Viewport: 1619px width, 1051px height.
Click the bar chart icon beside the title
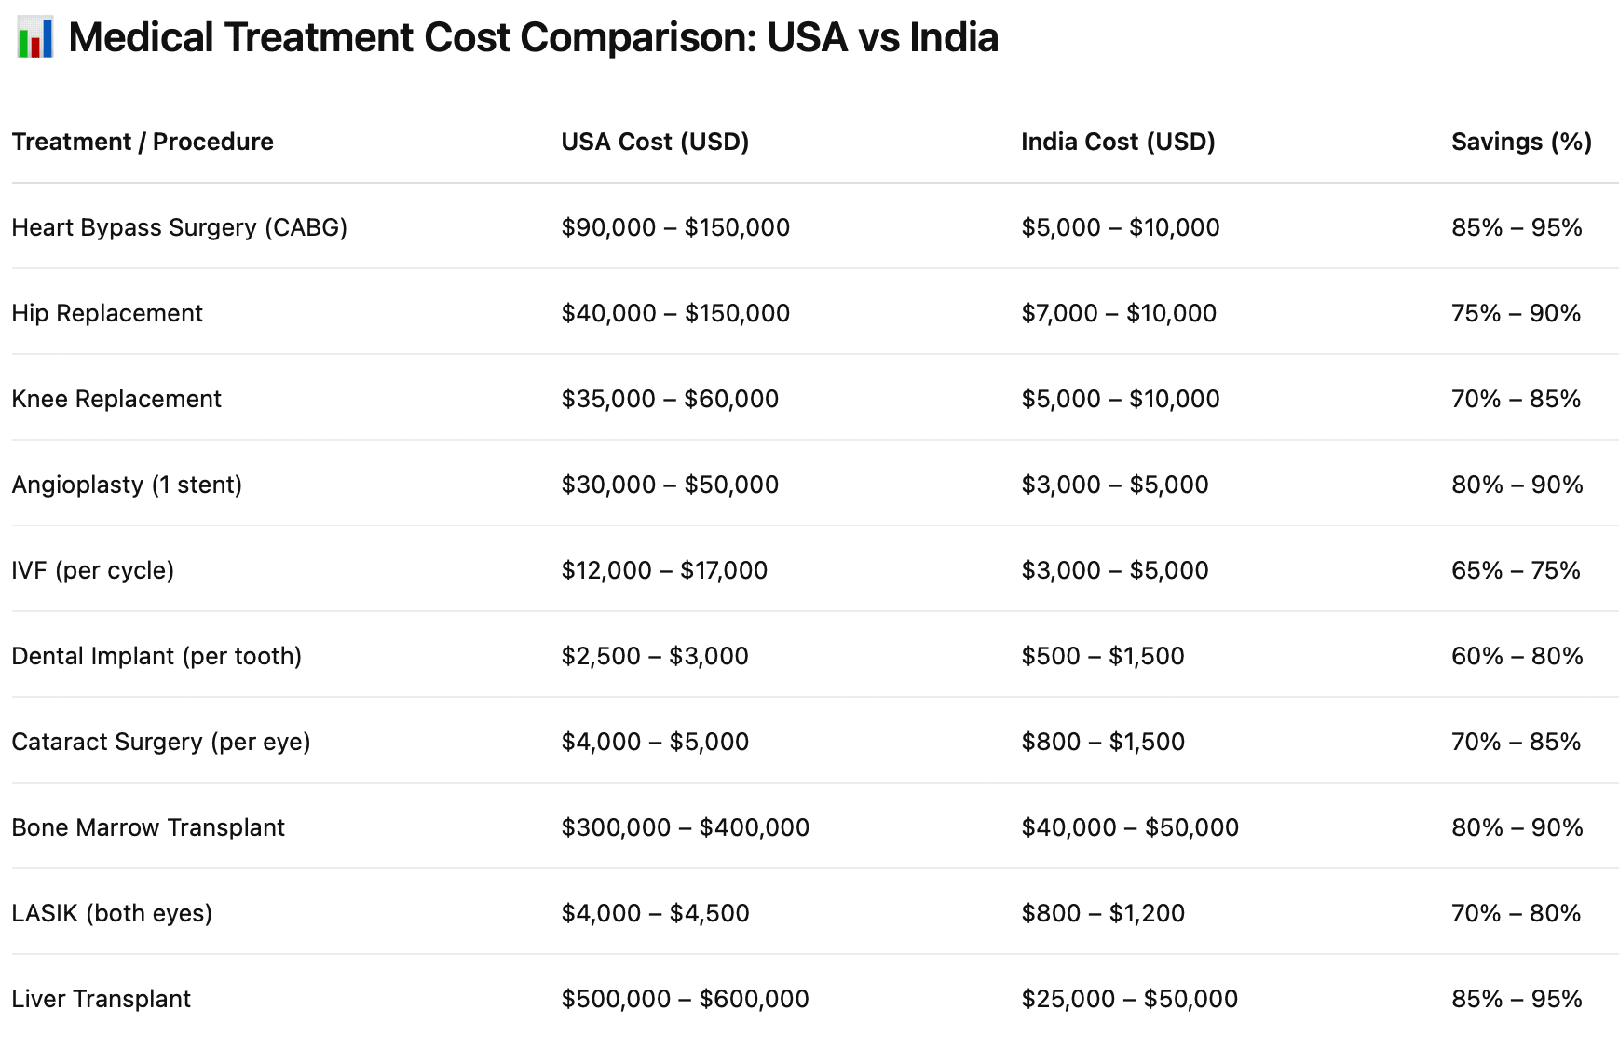pos(34,38)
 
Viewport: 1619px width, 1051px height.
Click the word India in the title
pos(953,38)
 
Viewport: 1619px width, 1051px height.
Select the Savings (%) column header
pos(1521,142)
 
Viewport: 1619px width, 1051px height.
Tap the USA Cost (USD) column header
pos(655,142)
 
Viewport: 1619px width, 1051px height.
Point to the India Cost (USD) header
pos(1118,142)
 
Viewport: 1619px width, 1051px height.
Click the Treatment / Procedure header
pos(143,142)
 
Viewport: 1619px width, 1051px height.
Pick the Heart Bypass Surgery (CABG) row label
pos(179,227)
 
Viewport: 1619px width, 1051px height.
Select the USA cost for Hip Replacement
pos(675,313)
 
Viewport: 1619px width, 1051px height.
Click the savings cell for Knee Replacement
pos(1516,399)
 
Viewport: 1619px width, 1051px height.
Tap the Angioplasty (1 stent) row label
pos(127,485)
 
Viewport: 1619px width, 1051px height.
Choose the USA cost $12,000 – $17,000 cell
pos(664,570)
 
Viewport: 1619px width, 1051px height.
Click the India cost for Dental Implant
pos(1103,656)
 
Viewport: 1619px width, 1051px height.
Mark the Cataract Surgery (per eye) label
pos(161,742)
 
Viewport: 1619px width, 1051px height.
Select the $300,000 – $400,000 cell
pos(685,827)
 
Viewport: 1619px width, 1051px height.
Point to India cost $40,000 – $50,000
pos(1130,827)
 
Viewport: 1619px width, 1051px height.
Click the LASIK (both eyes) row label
pos(112,913)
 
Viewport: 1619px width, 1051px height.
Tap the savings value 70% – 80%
pos(1516,913)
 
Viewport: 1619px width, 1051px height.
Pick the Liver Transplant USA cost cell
pos(685,999)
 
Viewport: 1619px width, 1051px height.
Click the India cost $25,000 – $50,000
pos(1129,999)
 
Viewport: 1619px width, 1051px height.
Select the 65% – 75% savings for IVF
pos(1516,570)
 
